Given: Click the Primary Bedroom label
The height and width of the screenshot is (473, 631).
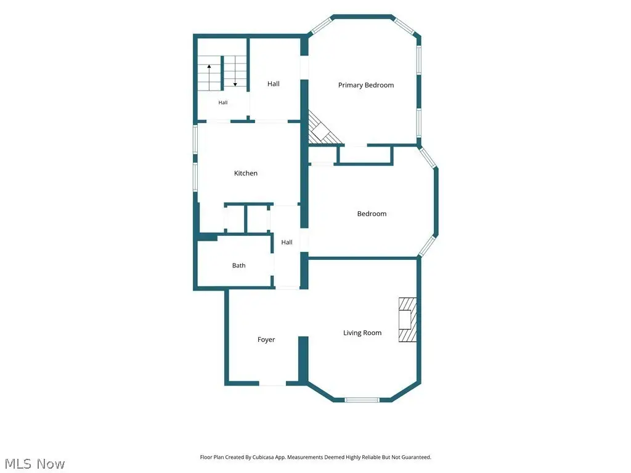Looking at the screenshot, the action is point(366,85).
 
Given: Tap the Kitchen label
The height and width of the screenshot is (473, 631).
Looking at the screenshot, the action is point(245,173).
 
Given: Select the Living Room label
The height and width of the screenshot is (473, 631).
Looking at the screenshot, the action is point(362,333).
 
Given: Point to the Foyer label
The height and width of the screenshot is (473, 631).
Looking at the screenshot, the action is point(266,340).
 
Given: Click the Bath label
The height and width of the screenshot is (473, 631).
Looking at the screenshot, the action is point(238,265).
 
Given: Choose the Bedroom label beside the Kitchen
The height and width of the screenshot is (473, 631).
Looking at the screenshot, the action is point(372,214).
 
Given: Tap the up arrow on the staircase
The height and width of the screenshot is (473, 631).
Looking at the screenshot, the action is point(210,77).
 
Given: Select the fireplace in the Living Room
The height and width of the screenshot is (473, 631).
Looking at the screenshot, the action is point(407,320).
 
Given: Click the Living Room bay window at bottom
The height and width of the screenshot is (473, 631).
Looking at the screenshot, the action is point(362,400).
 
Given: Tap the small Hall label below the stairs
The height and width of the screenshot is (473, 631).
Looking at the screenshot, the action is point(223,103).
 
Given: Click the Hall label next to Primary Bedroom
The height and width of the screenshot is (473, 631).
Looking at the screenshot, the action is point(273,84).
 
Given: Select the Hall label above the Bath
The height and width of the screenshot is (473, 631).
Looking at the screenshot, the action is point(287,242).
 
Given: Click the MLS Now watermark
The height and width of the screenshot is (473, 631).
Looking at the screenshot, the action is point(35,464).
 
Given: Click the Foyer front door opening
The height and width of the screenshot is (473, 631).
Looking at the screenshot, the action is point(272,384).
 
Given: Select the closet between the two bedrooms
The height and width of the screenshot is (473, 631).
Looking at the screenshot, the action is point(365,155).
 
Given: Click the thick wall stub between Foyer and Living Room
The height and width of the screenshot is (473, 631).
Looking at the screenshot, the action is point(303,359).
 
